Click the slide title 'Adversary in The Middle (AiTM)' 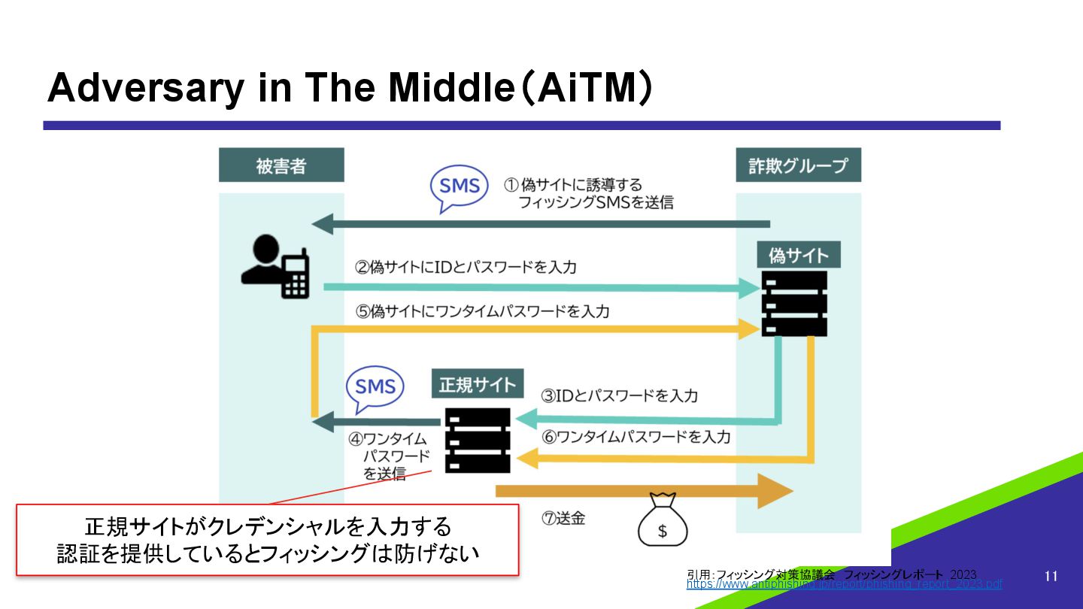coord(349,89)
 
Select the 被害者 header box coord(281,165)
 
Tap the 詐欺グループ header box coord(798,165)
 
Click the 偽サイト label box coord(798,256)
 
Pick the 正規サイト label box coord(478,385)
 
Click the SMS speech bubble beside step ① coord(459,186)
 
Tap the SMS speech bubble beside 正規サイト coord(375,387)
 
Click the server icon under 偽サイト coord(794,303)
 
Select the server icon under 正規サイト coord(477,440)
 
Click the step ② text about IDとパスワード coord(466,267)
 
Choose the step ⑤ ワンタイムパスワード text coord(482,311)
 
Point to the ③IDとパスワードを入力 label coord(620,395)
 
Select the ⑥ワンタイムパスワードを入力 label coord(636,436)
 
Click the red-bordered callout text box coord(268,539)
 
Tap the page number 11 coord(1051,576)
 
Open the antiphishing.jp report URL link coord(844,584)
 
